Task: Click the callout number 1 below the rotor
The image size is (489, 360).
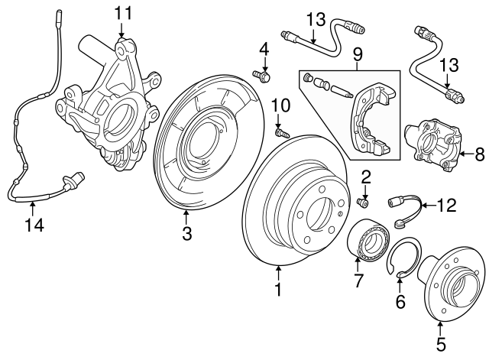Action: [x=278, y=290]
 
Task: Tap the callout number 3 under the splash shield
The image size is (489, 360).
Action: [x=186, y=235]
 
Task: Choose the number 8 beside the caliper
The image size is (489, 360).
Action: [x=480, y=154]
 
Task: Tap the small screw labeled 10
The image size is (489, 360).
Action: [x=280, y=132]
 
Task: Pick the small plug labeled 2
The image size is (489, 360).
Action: [x=364, y=201]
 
